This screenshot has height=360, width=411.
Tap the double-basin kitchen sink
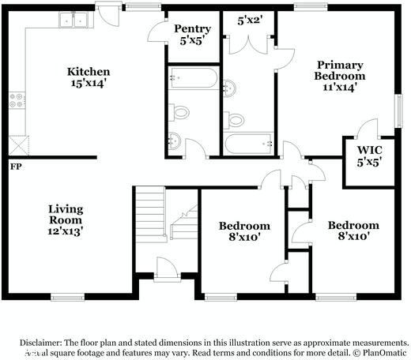pyautogui.click(x=73, y=21)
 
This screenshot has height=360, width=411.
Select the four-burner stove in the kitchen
pyautogui.click(x=16, y=99)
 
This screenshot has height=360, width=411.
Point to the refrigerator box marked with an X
pyautogui.click(x=17, y=144)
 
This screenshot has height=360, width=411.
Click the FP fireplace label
pyautogui.click(x=15, y=167)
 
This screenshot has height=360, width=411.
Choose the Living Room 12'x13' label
pyautogui.click(x=65, y=220)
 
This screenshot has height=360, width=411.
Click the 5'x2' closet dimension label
pyautogui.click(x=251, y=21)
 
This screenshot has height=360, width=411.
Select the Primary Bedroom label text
pyautogui.click(x=340, y=76)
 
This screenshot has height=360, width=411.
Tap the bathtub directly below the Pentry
pyautogui.click(x=191, y=79)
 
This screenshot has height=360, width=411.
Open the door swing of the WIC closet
pyautogui.click(x=364, y=129)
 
